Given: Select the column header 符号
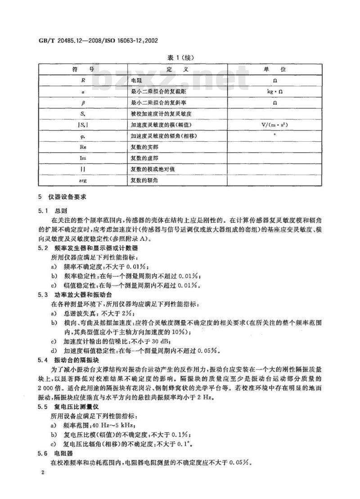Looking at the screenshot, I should point(83,69).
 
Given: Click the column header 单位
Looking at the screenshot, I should point(274,69).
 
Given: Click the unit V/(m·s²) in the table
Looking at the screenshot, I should point(274,124).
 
